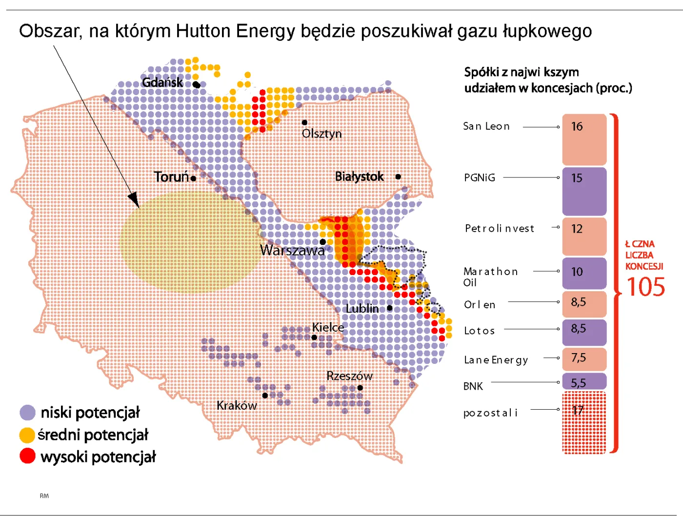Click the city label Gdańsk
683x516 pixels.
coord(162,82)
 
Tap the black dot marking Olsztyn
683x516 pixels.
coord(304,122)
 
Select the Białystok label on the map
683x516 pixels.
coord(360,177)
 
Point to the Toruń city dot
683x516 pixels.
coord(194,179)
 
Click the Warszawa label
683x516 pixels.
coord(292,250)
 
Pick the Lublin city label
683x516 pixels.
coord(362,309)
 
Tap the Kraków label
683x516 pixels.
coord(237,405)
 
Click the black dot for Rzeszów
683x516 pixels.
coord(360,388)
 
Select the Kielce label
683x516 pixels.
coord(328,327)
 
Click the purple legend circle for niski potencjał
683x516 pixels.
coord(28,413)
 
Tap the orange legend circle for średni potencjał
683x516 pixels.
coord(27,435)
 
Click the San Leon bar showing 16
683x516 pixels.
coord(584,139)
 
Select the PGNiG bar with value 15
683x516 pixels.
coord(584,191)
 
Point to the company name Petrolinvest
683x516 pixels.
coord(499,228)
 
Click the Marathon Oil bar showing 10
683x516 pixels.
coord(584,273)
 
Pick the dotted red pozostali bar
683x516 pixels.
coord(584,422)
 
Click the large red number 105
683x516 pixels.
coord(645,287)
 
